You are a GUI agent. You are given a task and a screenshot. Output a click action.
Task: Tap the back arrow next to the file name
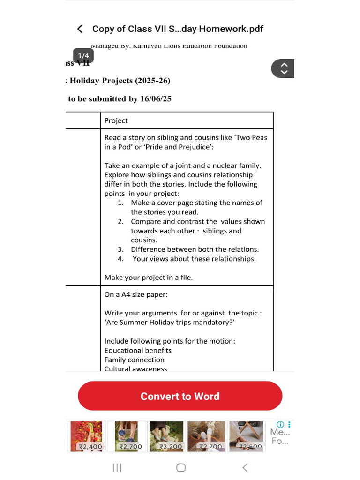[80, 29]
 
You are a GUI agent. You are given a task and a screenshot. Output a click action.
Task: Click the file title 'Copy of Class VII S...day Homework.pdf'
[178, 29]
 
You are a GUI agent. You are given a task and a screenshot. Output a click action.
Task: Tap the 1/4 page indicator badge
[83, 56]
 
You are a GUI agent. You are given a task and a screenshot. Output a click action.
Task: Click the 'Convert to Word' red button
[180, 396]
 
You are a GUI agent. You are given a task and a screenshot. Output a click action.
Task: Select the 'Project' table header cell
[116, 120]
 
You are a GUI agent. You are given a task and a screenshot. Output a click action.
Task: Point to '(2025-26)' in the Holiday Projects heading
[152, 81]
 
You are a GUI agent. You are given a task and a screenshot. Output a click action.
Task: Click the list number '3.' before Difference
[120, 249]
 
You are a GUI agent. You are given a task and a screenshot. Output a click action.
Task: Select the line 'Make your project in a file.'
[148, 277]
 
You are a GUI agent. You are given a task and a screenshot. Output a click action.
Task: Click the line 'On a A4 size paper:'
[135, 294]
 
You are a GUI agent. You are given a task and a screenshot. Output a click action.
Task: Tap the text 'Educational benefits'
[138, 350]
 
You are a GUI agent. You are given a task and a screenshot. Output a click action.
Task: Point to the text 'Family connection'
[134, 360]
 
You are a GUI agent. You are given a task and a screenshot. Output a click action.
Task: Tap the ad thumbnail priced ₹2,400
[86, 436]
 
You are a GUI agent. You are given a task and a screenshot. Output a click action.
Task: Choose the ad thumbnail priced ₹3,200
[166, 436]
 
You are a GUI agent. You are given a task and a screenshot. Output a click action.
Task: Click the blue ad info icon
[281, 424]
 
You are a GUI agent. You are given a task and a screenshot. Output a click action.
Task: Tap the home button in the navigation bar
[181, 467]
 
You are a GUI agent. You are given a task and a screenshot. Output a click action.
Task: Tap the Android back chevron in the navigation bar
[245, 467]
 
